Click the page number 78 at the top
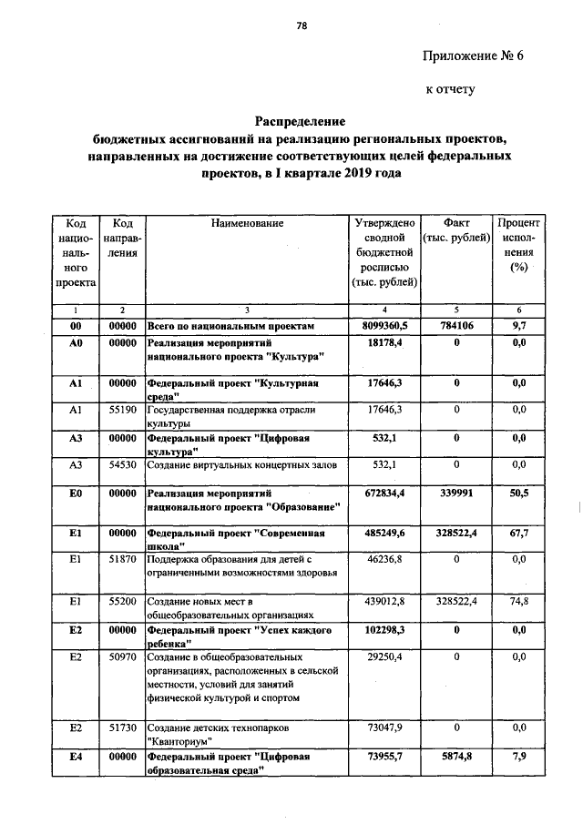coord(301,25)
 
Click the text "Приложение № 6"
coord(474,56)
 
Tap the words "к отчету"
coord(451,90)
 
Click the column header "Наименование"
coord(247,223)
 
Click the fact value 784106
coord(455,325)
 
